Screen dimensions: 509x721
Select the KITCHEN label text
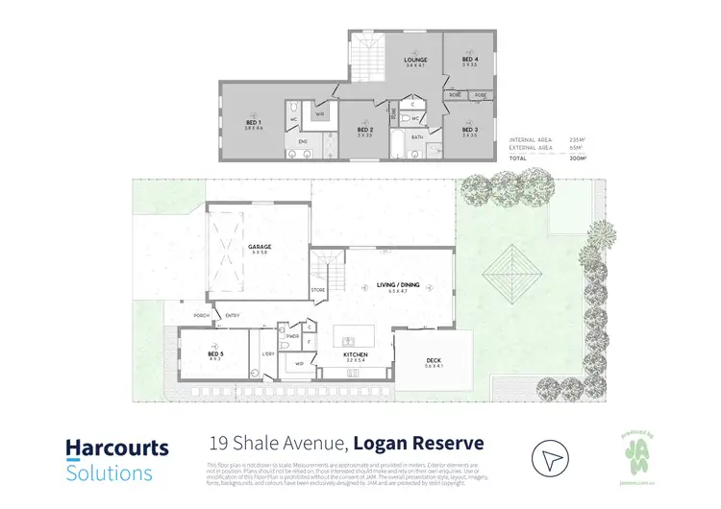[357, 355]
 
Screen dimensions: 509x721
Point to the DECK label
[434, 361]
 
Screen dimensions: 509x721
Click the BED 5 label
[216, 354]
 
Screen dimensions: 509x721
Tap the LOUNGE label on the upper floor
[415, 61]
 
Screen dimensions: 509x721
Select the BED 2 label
[364, 130]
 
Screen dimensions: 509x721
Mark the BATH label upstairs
[417, 137]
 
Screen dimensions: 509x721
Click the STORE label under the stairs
[318, 289]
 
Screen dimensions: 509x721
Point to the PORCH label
[202, 315]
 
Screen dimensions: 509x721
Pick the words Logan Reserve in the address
[418, 444]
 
